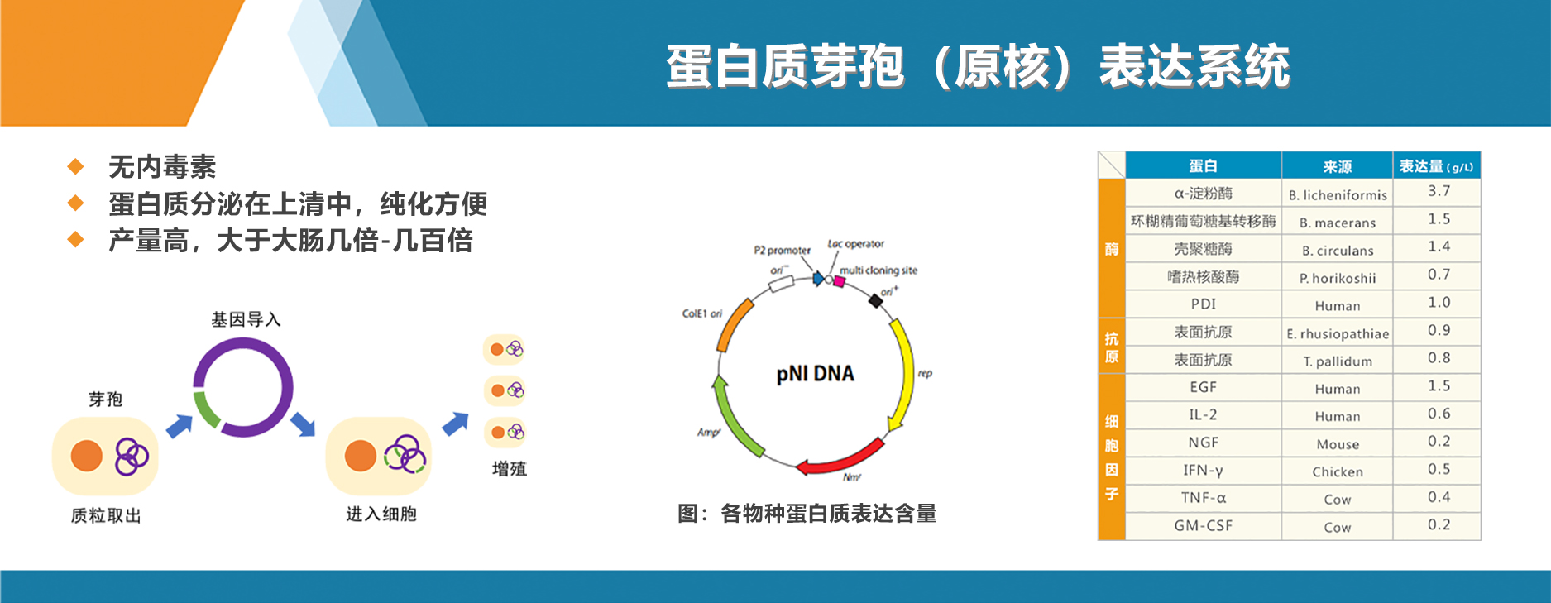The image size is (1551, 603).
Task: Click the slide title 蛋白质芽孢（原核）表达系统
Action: [x=977, y=66]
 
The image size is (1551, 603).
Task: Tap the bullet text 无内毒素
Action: [x=162, y=167]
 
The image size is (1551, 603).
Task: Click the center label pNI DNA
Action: [x=815, y=374]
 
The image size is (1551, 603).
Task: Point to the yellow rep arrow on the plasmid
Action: [x=905, y=372]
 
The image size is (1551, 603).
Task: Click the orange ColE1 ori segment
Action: [x=735, y=326]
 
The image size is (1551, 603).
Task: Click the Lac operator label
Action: [x=855, y=244]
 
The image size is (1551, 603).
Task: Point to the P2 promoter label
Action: [x=782, y=250]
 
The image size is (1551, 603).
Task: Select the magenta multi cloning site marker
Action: [x=839, y=281]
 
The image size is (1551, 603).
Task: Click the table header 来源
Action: [x=1337, y=166]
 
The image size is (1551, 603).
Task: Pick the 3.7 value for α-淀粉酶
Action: [x=1439, y=191]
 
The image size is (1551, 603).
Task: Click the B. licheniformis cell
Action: [x=1337, y=195]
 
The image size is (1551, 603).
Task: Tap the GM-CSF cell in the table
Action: [x=1203, y=525]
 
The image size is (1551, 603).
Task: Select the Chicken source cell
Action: [x=1337, y=471]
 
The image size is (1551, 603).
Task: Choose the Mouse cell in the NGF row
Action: [x=1337, y=444]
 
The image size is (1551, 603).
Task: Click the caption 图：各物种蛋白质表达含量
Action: [x=807, y=514]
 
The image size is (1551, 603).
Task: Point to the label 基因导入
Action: [x=246, y=319]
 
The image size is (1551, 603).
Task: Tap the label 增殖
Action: [x=509, y=469]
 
